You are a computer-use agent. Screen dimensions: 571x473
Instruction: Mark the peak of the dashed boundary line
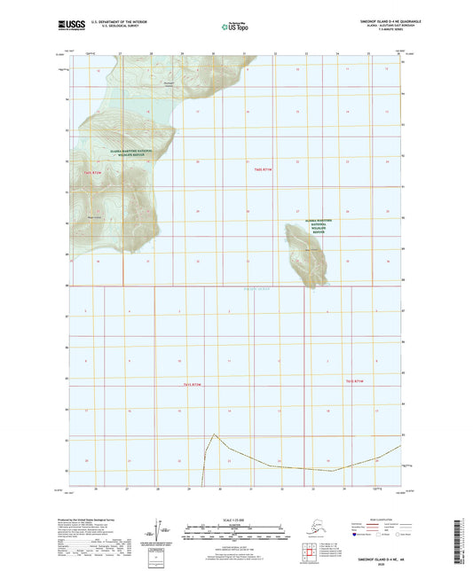214,434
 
